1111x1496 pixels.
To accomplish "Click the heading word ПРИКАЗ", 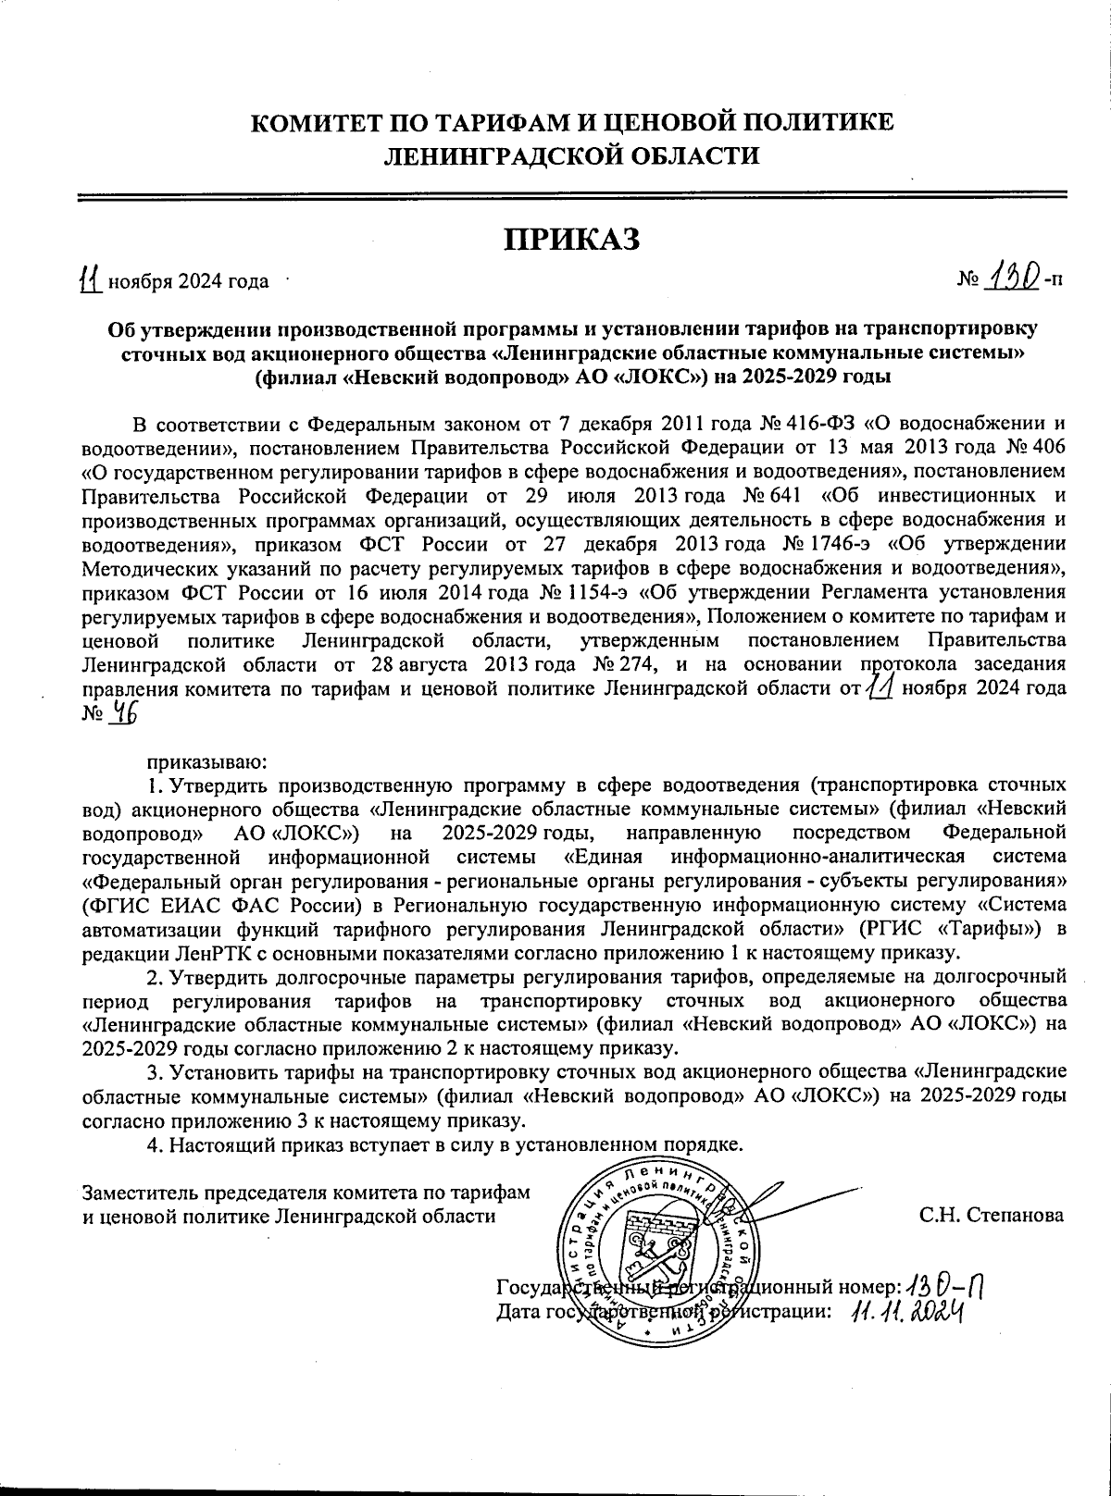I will coord(571,239).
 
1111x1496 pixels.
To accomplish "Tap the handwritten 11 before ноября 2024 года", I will coord(89,278).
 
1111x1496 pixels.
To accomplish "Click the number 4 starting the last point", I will coord(154,1145).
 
